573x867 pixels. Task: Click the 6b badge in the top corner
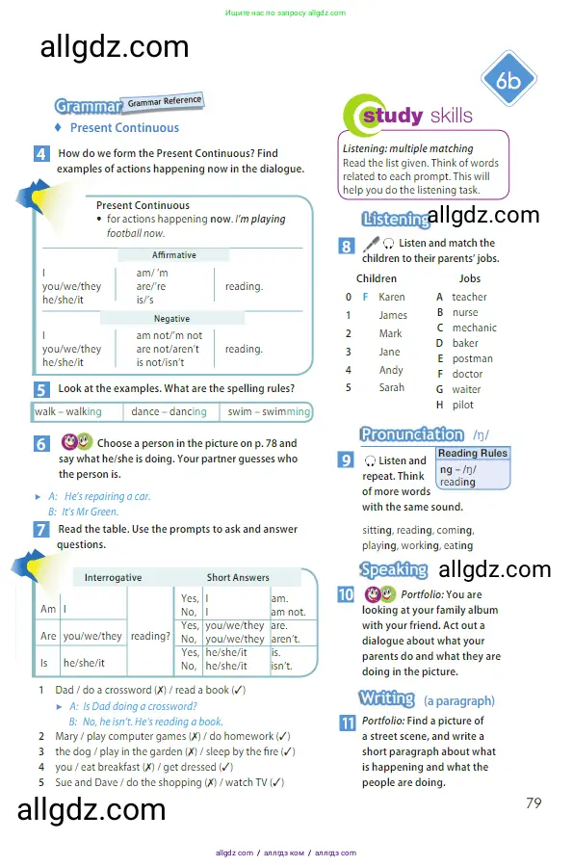[508, 80]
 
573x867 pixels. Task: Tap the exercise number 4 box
[41, 154]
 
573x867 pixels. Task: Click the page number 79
[534, 802]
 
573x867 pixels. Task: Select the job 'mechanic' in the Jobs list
[475, 328]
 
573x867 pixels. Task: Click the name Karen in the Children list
[392, 297]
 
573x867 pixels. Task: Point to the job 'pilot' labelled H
[463, 405]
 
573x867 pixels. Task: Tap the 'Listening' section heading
[396, 219]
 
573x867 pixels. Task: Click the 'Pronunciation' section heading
[412, 434]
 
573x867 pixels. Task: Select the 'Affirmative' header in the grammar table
[174, 255]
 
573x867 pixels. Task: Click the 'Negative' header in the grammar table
[171, 319]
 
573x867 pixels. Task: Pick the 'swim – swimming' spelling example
[269, 411]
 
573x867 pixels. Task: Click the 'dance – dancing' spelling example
[169, 411]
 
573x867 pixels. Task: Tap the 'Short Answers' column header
[238, 577]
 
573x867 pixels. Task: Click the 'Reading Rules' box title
[473, 453]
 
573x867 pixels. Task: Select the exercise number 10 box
[346, 595]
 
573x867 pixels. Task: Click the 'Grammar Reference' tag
[165, 102]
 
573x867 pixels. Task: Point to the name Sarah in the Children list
[392, 387]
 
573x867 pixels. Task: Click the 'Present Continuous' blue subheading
[124, 128]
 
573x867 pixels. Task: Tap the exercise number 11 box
[347, 722]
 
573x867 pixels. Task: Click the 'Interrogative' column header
[114, 577]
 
